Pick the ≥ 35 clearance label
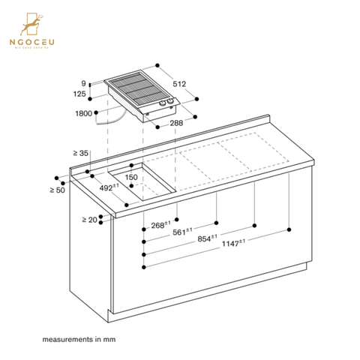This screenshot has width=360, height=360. coord(80,153)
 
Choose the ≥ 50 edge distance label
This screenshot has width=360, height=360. coord(54,187)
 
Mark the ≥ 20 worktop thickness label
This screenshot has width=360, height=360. coord(89,220)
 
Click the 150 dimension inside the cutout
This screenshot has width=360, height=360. coord(132,178)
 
